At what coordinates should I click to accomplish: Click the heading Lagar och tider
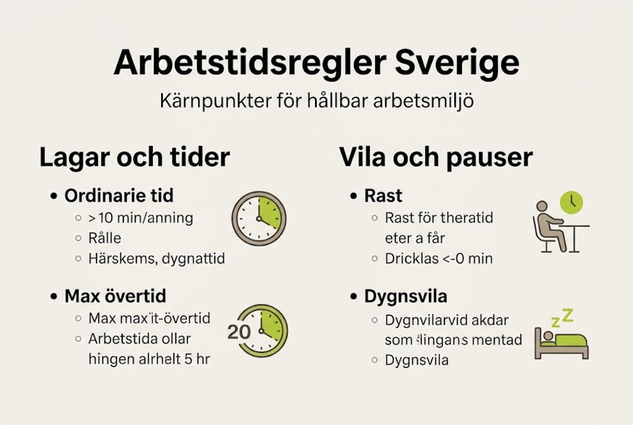click(134, 158)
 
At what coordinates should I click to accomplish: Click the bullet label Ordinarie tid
click(119, 196)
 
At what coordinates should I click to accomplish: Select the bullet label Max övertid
click(115, 296)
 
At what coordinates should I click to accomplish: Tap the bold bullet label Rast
click(383, 196)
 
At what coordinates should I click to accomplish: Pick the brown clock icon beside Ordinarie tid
click(258, 218)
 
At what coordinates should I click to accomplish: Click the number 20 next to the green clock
click(240, 331)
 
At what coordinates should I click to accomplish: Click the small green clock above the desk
click(571, 202)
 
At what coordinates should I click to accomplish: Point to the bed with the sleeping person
click(561, 344)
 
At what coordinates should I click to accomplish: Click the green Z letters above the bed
click(562, 318)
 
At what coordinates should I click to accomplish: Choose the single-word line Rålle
click(105, 238)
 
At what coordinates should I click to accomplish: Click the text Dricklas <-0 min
click(438, 258)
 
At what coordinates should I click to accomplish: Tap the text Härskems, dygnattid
click(156, 258)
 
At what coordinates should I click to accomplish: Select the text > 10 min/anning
click(140, 218)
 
